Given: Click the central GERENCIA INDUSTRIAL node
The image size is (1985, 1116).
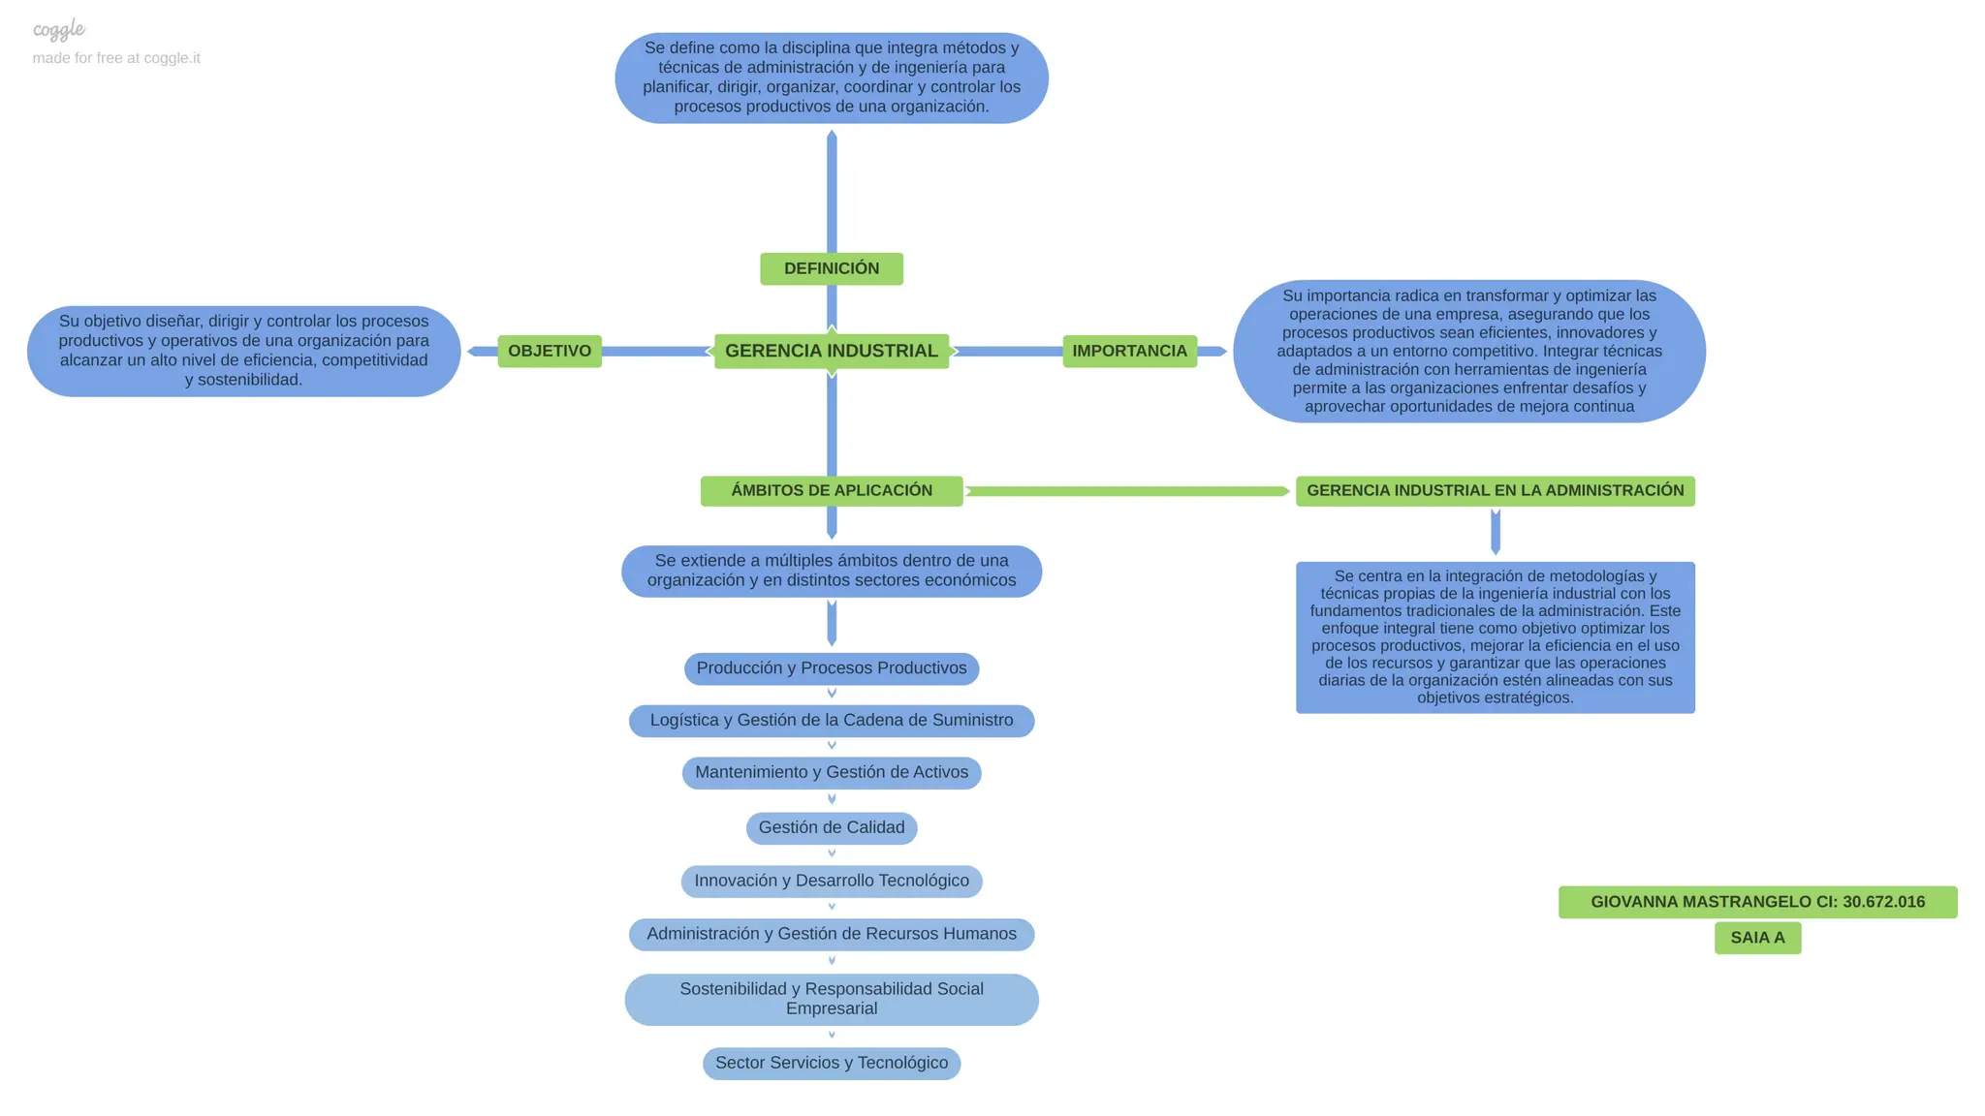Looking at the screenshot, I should (x=831, y=351).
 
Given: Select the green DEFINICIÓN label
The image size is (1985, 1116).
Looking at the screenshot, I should (x=831, y=268).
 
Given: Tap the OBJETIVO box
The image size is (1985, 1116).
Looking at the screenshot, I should (x=550, y=351).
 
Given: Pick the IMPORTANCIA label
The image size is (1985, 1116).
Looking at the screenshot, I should (x=1129, y=351).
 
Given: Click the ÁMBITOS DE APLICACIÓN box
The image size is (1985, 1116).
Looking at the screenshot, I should (x=831, y=490).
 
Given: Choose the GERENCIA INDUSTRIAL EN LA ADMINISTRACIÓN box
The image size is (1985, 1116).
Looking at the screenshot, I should (x=1495, y=490).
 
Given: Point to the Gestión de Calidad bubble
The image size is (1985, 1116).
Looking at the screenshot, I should (x=831, y=827).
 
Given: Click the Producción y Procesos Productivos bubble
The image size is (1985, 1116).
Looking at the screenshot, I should (x=831, y=668).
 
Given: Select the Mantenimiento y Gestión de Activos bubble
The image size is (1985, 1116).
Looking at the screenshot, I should (x=831, y=772).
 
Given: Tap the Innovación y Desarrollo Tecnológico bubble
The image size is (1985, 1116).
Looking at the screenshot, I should (x=831, y=881).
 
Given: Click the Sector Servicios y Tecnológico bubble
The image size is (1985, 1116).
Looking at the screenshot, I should (x=831, y=1063).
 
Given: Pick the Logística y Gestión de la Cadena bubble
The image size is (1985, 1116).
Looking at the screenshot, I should (x=831, y=720).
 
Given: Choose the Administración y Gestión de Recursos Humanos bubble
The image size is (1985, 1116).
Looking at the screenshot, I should (x=831, y=934).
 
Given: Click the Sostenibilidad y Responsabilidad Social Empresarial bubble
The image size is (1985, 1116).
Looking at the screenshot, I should (x=831, y=999).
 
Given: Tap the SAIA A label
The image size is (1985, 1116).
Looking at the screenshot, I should (x=1757, y=938).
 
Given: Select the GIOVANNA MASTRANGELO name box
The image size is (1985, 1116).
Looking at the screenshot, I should (x=1757, y=902).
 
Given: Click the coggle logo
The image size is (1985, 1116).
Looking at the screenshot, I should (x=59, y=30).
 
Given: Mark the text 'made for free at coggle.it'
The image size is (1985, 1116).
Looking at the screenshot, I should (x=116, y=58).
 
